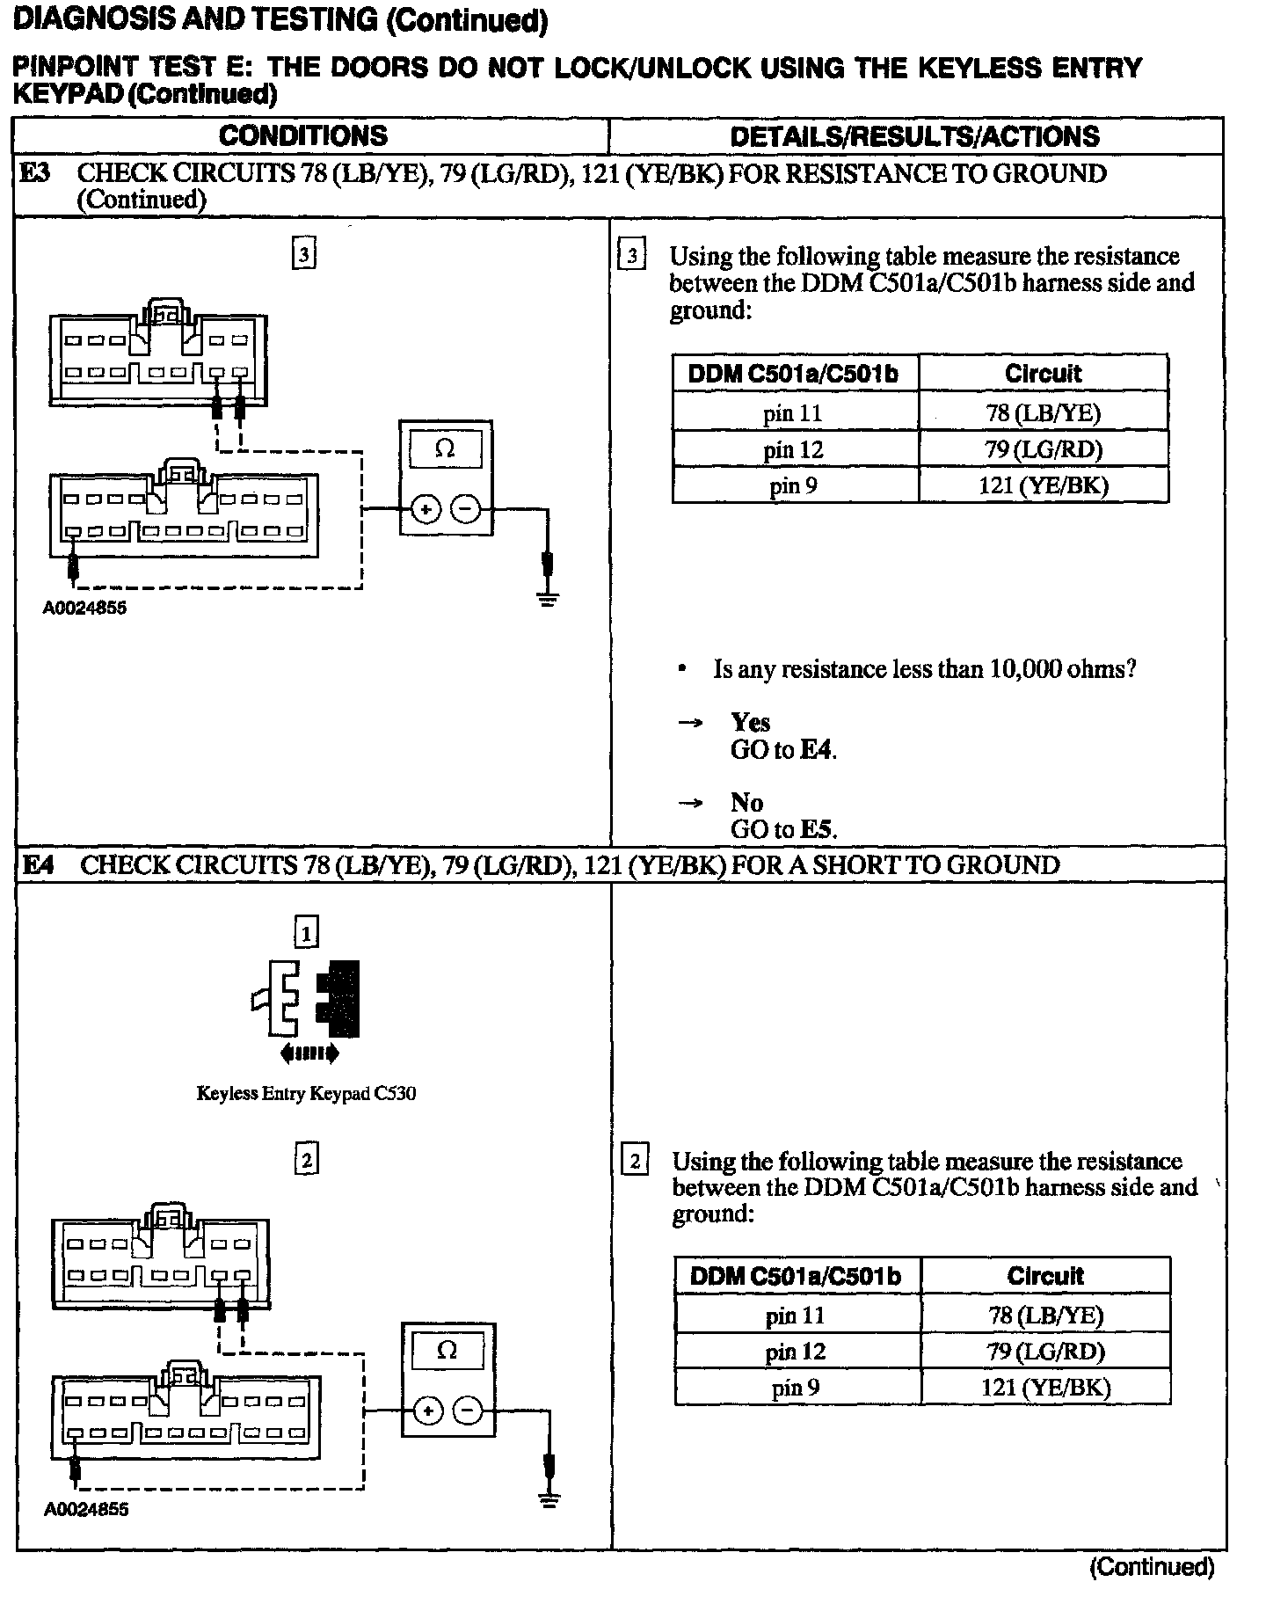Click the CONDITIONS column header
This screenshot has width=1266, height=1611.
point(303,135)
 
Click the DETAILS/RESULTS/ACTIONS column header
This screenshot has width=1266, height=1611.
point(914,136)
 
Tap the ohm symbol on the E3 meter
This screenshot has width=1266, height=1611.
point(446,449)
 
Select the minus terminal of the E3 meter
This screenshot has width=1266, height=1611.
point(466,509)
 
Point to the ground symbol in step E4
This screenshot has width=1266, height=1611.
point(549,1500)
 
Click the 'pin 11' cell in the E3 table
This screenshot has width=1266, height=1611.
point(794,412)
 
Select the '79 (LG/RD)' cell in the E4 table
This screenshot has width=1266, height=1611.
point(1044,1352)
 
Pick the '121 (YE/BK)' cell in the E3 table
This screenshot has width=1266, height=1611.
point(1043,485)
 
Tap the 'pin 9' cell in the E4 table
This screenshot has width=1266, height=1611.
point(796,1388)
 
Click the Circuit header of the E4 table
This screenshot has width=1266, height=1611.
point(1045,1276)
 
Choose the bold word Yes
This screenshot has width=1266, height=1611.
point(750,722)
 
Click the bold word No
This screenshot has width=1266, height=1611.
point(746,802)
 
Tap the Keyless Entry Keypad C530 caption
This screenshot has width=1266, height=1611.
point(306,1094)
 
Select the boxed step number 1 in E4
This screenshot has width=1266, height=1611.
point(306,931)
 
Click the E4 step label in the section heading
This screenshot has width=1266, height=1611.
point(38,865)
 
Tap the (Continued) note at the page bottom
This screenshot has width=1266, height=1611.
point(1152,1566)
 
